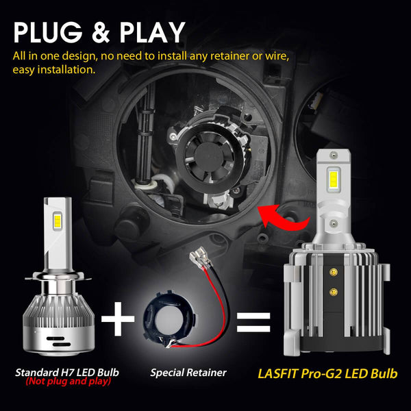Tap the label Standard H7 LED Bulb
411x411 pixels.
click(x=67, y=373)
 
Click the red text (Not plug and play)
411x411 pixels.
click(x=67, y=382)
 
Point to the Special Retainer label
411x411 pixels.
click(x=188, y=373)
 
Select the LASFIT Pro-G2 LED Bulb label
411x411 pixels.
click(x=327, y=374)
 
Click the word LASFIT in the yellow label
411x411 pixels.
click(x=282, y=374)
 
